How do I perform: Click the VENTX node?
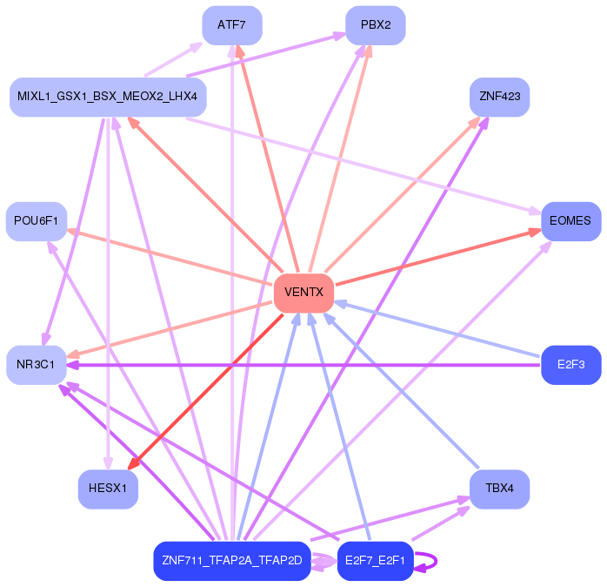coord(303,293)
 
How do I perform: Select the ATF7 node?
coord(232,25)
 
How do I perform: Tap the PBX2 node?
coord(375,25)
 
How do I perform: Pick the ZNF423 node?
coord(499,97)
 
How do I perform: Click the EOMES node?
coord(571,221)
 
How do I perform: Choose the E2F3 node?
coord(571,365)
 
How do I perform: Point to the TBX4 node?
coord(499,489)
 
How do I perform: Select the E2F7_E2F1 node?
coord(375,561)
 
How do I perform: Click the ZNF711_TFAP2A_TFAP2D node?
coord(232,561)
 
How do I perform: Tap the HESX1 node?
coord(108,489)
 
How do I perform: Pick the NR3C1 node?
coord(37,365)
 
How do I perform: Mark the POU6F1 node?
coord(37,221)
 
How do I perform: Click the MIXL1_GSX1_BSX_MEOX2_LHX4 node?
coord(108,97)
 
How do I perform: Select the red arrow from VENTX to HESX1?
coord(205,392)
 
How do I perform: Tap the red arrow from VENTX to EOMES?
coord(438,258)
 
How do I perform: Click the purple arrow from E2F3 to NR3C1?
coord(303,365)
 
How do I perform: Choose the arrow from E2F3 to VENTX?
coord(437,329)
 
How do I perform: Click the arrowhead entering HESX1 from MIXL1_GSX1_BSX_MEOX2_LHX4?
coord(108,463)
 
